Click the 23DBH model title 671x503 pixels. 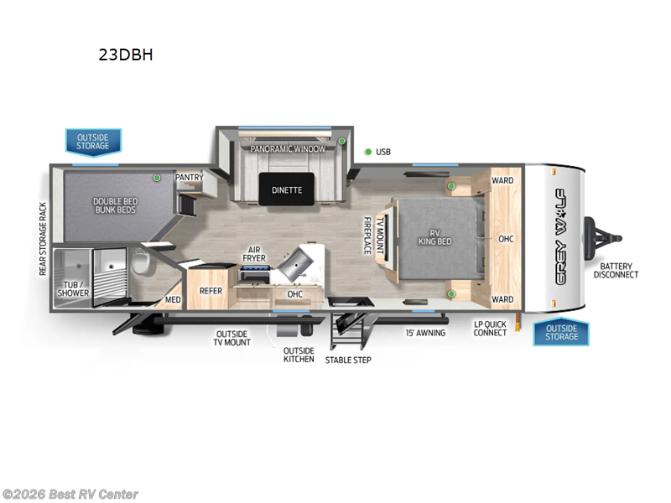(x=126, y=56)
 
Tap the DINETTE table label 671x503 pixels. (x=286, y=190)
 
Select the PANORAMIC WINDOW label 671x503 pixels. (x=286, y=148)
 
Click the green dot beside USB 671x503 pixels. (x=367, y=152)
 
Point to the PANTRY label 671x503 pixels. (x=189, y=178)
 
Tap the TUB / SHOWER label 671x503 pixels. (x=73, y=288)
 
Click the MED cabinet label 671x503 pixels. (x=173, y=299)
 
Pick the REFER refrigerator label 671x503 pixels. (x=210, y=291)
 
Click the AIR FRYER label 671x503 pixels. (x=255, y=254)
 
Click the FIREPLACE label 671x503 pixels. (x=367, y=236)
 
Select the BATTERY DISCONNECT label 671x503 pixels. (x=616, y=270)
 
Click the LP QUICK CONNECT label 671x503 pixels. (x=490, y=328)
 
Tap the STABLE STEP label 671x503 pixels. (x=348, y=360)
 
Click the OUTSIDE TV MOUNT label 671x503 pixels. (x=232, y=337)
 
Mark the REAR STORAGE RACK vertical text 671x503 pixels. (x=43, y=239)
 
